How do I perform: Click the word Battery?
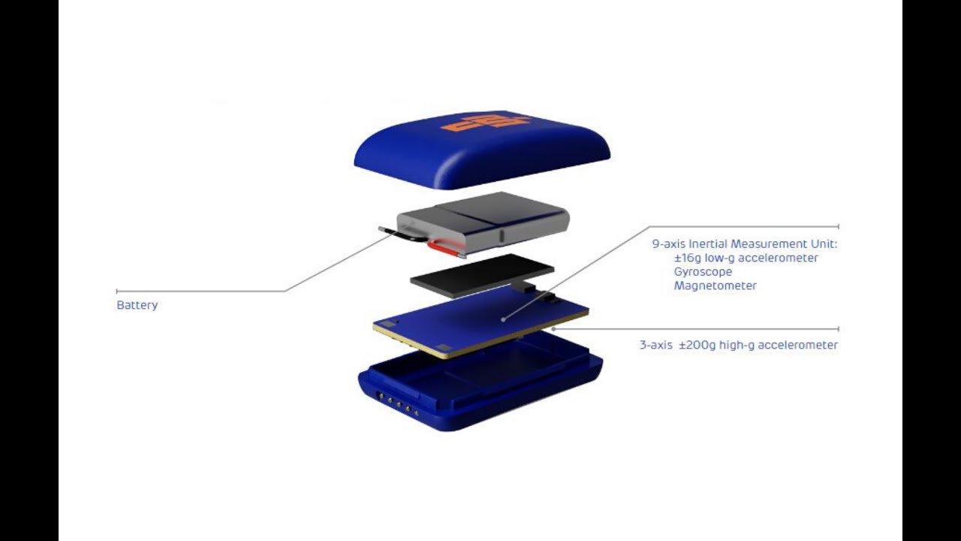[137, 305]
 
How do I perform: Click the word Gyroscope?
[703, 272]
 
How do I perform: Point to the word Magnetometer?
[715, 286]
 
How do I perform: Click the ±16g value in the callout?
[687, 258]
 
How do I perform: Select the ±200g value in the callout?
[697, 345]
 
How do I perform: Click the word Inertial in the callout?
[708, 244]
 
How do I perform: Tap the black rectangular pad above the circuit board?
[482, 275]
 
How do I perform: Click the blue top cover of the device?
[482, 150]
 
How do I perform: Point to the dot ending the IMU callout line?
[503, 319]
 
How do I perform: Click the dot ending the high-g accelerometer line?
[553, 329]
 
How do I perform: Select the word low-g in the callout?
[719, 258]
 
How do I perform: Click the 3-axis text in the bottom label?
[656, 345]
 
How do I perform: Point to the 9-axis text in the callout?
[669, 244]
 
